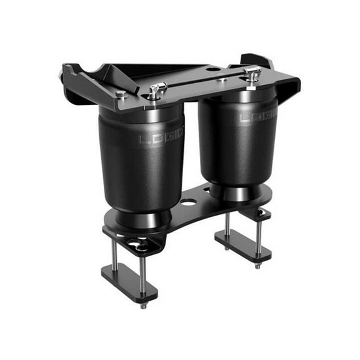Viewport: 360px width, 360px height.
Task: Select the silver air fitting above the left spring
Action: click(156, 91)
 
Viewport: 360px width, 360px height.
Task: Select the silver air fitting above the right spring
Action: click(252, 73)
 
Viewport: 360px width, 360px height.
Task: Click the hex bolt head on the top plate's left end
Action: click(121, 95)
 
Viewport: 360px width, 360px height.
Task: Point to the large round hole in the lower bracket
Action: click(188, 202)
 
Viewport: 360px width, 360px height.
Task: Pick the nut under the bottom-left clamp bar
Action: click(143, 306)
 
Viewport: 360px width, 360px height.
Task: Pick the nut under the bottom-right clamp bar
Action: click(257, 266)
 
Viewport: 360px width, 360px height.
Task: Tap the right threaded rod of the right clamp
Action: click(258, 234)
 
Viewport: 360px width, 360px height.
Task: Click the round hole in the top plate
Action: click(213, 69)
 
